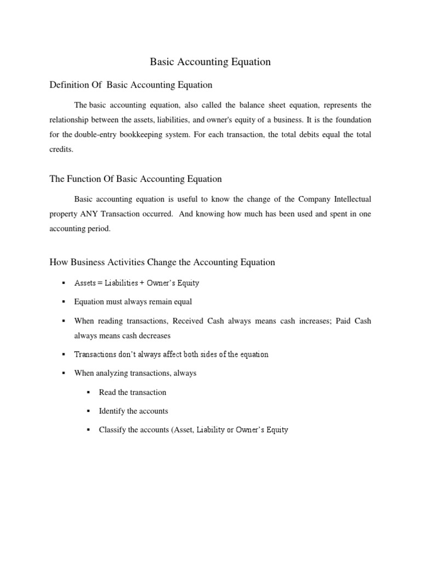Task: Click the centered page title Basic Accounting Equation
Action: (x=210, y=62)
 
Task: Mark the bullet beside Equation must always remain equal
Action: (x=64, y=302)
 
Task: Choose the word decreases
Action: (x=155, y=335)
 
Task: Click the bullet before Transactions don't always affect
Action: (x=64, y=354)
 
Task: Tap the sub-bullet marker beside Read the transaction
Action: (x=89, y=392)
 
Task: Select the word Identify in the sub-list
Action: (x=111, y=411)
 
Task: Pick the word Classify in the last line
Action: (x=112, y=430)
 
